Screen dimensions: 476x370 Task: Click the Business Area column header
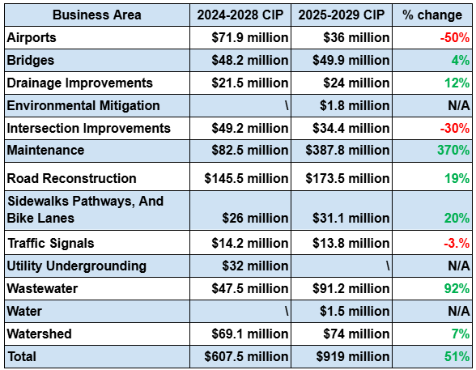pos(97,15)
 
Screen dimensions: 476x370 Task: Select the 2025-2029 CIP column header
pos(342,15)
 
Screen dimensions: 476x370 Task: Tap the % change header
pos(432,15)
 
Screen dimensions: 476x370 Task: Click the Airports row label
pos(32,37)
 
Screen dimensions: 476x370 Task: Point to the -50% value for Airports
pos(455,37)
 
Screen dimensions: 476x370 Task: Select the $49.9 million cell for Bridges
pos(351,60)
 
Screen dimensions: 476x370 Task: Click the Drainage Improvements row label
pos(79,83)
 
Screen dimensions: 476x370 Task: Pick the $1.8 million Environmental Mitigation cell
pos(355,105)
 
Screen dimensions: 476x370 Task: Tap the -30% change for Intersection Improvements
pos(455,128)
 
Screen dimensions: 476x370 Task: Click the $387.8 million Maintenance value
pos(347,151)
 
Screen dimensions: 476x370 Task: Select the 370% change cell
pos(453,151)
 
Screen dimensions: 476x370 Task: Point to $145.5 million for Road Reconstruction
pos(246,178)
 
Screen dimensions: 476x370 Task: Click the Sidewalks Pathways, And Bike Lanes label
pos(85,210)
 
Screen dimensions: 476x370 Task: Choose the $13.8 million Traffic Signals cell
pos(351,243)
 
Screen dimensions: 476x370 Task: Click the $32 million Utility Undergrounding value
pos(255,266)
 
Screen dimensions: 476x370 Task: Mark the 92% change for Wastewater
pos(457,288)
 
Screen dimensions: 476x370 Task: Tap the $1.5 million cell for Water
pos(355,311)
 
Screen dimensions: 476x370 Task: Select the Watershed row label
pos(39,334)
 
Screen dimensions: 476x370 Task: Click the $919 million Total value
pos(352,357)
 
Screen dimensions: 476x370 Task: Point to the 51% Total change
pos(457,357)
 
